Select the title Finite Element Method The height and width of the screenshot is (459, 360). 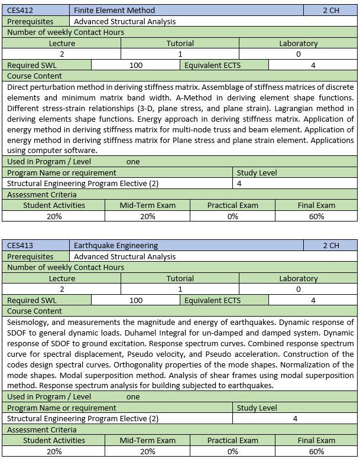coord(114,10)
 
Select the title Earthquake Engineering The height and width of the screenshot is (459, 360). coord(116,245)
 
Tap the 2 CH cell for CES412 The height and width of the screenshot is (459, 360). coord(331,10)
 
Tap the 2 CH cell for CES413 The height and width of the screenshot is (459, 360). coord(331,245)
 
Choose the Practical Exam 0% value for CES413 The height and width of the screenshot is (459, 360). coord(232,451)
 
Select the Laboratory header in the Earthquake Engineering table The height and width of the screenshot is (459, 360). coord(298,278)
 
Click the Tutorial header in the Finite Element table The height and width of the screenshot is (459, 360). coord(180,43)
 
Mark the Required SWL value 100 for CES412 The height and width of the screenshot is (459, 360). coord(136,65)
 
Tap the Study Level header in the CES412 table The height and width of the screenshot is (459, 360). coord(257,172)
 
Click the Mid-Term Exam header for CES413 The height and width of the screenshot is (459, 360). coord(147,440)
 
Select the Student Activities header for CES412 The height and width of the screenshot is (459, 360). coord(54,205)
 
